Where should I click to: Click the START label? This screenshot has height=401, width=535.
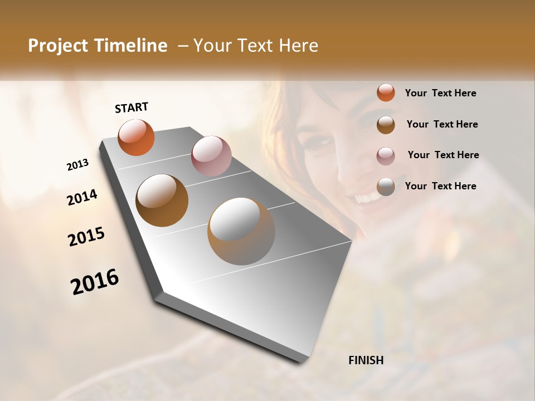coord(132,107)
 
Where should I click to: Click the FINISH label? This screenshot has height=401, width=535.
coord(366,360)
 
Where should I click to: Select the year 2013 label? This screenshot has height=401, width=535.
coord(77,165)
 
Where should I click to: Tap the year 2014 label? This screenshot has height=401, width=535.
coord(82,198)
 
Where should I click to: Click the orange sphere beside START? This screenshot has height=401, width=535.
coord(136,137)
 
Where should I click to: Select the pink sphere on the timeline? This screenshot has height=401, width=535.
coord(211,156)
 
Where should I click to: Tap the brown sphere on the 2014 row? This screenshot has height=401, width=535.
coord(162,200)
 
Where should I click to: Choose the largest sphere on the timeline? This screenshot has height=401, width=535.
coord(241,231)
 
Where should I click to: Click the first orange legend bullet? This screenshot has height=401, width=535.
coord(386,92)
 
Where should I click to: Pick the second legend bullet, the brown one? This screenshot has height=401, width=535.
coord(386,124)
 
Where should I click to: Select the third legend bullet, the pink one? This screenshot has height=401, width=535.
coord(386,155)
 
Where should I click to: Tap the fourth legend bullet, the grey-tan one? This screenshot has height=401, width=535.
coord(386,187)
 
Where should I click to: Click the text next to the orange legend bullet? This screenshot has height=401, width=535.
coord(440,93)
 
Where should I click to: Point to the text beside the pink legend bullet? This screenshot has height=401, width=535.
coord(443,155)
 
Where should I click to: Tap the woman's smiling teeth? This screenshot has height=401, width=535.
coord(365,198)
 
